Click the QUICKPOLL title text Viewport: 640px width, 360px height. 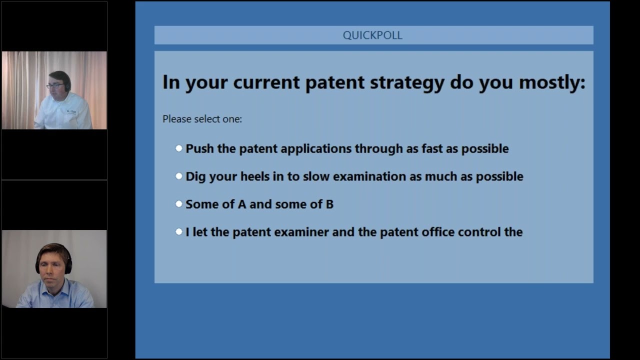(372, 35)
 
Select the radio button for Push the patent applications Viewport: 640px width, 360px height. (179, 148)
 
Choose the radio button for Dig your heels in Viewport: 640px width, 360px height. (179, 176)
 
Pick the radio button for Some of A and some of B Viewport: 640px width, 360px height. (179, 203)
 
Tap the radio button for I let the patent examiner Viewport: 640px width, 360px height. (179, 231)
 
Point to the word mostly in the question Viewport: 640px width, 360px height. (552, 83)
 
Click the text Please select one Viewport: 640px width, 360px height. (202, 119)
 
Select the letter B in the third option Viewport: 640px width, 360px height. (329, 204)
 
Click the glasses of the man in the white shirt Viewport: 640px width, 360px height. (55, 85)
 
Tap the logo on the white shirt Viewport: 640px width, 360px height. (71, 111)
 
